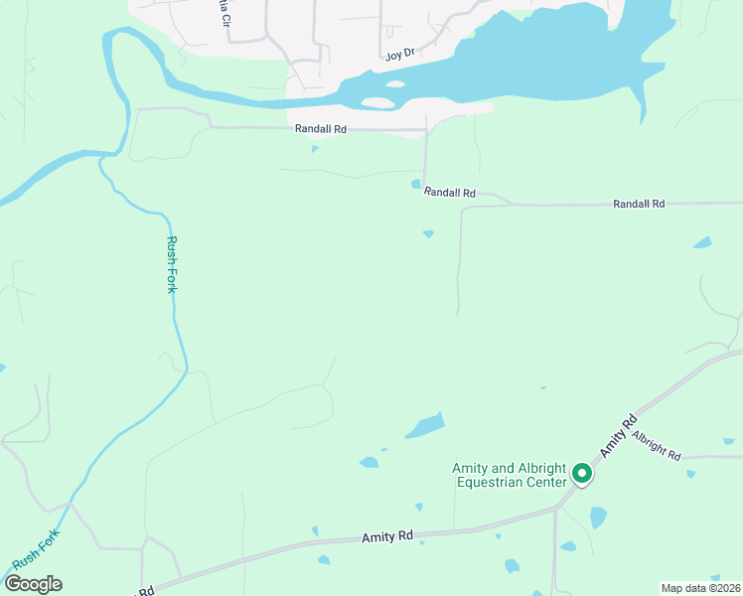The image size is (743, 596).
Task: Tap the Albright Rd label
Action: (656, 446)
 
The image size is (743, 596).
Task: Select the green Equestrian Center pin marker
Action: (582, 476)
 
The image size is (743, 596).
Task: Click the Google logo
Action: (33, 584)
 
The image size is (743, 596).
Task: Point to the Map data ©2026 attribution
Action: (700, 588)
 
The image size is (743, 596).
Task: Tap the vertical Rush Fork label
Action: (173, 264)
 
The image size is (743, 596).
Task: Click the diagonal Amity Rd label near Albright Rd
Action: (617, 435)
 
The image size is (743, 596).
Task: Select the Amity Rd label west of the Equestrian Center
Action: (387, 536)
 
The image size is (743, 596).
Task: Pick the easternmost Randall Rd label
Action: (639, 204)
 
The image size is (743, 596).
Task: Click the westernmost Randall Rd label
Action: (320, 129)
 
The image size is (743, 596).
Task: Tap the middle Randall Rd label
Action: (449, 193)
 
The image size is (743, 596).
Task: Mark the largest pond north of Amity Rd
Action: (425, 426)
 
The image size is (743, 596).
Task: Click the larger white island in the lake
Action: (377, 102)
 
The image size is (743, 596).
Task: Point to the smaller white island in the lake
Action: (395, 84)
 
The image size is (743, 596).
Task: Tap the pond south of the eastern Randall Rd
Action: (702, 242)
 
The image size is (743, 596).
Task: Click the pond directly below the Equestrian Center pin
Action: (597, 518)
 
